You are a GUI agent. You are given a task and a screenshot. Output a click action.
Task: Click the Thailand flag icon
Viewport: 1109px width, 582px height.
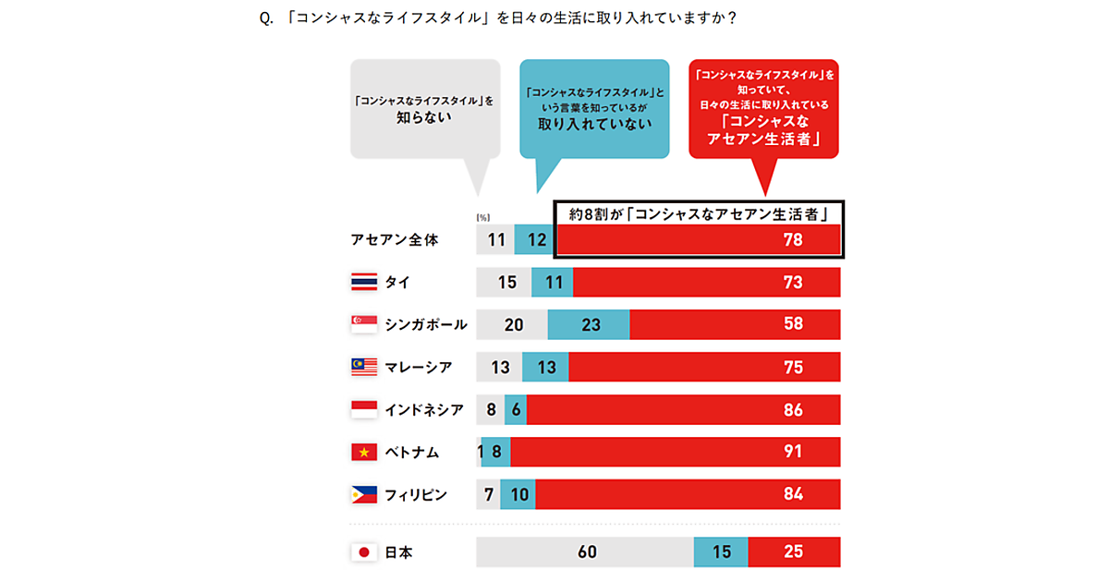click(x=364, y=282)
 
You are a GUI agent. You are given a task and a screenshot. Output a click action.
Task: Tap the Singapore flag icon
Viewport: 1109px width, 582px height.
click(x=364, y=324)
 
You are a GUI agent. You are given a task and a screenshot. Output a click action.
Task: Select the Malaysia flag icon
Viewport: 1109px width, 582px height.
click(x=364, y=367)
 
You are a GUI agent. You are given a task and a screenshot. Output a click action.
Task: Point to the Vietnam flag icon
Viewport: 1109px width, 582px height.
click(x=364, y=452)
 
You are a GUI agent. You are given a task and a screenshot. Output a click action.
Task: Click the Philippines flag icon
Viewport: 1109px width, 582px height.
click(x=364, y=495)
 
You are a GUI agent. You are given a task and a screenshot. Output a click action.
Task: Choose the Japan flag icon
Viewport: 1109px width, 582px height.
click(x=364, y=552)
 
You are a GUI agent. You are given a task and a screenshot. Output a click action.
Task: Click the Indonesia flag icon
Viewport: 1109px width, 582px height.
click(x=364, y=409)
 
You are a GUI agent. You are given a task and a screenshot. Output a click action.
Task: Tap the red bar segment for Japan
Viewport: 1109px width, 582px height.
click(x=794, y=552)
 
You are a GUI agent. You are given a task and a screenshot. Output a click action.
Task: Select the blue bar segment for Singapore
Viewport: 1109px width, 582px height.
click(x=589, y=324)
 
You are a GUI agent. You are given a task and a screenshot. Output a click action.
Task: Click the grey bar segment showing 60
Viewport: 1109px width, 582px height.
click(x=584, y=552)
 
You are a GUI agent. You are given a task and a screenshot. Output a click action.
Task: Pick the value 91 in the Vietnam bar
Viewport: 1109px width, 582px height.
click(x=793, y=452)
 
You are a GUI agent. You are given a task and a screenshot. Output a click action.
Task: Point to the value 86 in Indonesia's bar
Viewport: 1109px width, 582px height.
click(x=793, y=409)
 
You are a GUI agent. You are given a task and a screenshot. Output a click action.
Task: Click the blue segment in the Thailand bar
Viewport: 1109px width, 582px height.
click(x=553, y=282)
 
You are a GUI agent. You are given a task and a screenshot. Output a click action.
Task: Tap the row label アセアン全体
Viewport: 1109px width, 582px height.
click(x=395, y=239)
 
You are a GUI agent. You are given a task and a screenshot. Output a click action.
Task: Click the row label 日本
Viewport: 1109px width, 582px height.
click(x=399, y=552)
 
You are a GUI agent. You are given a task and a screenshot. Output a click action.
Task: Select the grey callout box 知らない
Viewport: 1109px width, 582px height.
click(x=425, y=110)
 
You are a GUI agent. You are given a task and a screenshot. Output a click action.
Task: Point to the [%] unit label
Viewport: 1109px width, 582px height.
click(x=482, y=217)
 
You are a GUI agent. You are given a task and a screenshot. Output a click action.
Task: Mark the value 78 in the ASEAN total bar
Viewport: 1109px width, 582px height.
click(x=793, y=239)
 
